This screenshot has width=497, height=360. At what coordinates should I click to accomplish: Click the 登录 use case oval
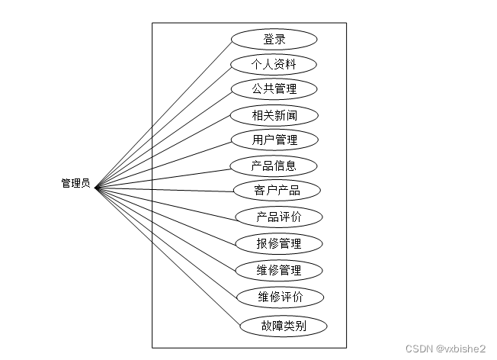click(x=274, y=40)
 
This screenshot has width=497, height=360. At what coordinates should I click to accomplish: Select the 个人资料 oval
click(x=274, y=64)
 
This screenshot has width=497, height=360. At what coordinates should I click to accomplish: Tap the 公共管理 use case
click(x=274, y=89)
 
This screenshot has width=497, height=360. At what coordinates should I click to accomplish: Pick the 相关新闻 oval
click(x=274, y=115)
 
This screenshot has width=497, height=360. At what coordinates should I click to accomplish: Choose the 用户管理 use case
click(x=274, y=140)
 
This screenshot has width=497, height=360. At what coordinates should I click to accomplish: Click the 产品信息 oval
click(x=274, y=166)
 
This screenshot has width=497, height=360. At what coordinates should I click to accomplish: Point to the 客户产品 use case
click(x=277, y=190)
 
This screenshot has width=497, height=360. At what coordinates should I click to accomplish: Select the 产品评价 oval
click(x=279, y=217)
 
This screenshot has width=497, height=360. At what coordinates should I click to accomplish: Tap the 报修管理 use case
click(x=279, y=244)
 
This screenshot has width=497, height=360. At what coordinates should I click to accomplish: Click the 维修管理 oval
click(x=279, y=270)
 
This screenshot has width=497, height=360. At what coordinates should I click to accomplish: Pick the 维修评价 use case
click(x=281, y=297)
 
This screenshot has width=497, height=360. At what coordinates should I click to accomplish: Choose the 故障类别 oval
click(x=284, y=326)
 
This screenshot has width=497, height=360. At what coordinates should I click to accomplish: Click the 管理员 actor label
click(x=75, y=183)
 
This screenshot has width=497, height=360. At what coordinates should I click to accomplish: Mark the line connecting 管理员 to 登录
click(x=164, y=112)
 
